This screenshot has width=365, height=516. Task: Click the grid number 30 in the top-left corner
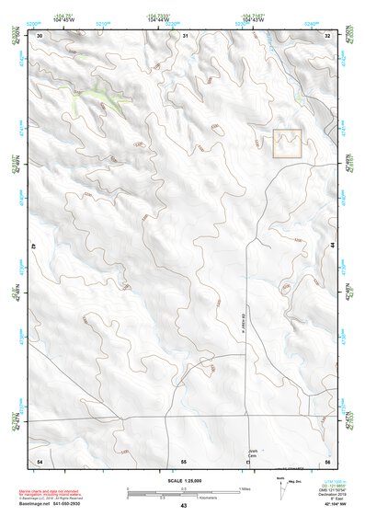[40, 36]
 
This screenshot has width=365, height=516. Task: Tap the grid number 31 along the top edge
[185, 36]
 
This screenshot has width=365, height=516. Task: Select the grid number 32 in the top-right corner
[327, 36]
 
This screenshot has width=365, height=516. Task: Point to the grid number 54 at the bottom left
[40, 460]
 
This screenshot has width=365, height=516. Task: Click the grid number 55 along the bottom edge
[184, 460]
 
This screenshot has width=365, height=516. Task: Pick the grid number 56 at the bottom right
[327, 460]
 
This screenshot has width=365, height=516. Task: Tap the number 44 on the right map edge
[331, 247]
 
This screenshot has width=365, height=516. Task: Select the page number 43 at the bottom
[183, 507]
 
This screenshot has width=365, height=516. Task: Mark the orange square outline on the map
[288, 143]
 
